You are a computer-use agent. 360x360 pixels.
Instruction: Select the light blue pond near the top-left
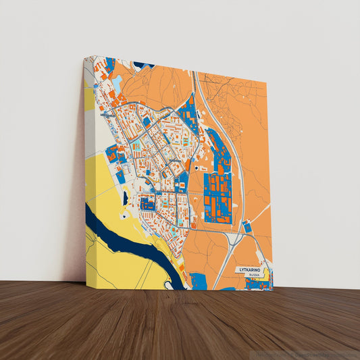(117, 84)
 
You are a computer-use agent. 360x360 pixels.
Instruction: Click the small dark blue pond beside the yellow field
(125, 198)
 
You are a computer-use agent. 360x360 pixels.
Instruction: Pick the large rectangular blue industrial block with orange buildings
(217, 197)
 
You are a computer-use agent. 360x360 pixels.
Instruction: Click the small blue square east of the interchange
(247, 228)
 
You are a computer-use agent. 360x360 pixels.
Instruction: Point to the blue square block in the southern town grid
(147, 201)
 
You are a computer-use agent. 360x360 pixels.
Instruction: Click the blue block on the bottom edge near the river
(198, 280)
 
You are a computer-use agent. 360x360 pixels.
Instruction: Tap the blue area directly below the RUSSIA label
(257, 284)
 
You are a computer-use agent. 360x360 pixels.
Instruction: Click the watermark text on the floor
(307, 354)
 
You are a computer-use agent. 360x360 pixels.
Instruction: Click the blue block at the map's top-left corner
(108, 64)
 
